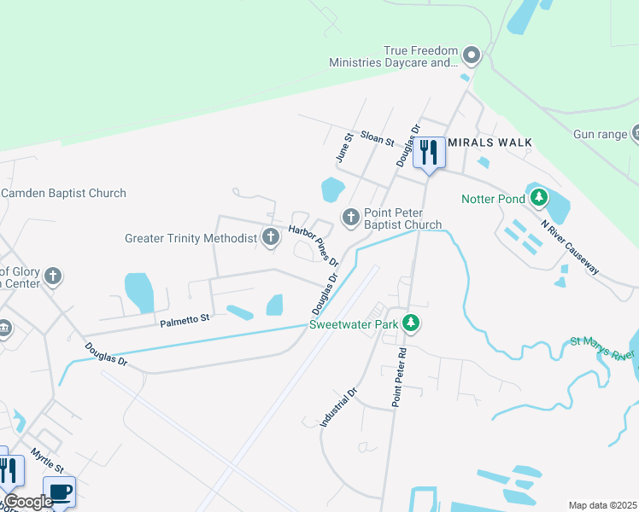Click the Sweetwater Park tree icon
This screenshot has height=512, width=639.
[x=412, y=323]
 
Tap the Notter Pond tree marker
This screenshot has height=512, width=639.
[x=538, y=198]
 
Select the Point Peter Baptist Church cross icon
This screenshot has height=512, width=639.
[x=350, y=218]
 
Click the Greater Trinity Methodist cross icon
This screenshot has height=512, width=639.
[x=271, y=237]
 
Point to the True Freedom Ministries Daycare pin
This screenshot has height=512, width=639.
[x=472, y=56]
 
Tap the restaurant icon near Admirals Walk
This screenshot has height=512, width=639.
[x=429, y=153]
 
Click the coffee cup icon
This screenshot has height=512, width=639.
[x=60, y=492]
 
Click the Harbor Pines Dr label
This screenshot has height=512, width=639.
[x=313, y=244]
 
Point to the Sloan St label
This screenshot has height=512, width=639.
[x=377, y=137]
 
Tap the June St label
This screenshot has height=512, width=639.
[x=344, y=148]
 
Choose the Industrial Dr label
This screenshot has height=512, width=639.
[x=338, y=407]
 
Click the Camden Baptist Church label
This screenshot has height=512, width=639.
[x=63, y=194]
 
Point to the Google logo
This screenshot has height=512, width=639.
[x=27, y=502]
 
